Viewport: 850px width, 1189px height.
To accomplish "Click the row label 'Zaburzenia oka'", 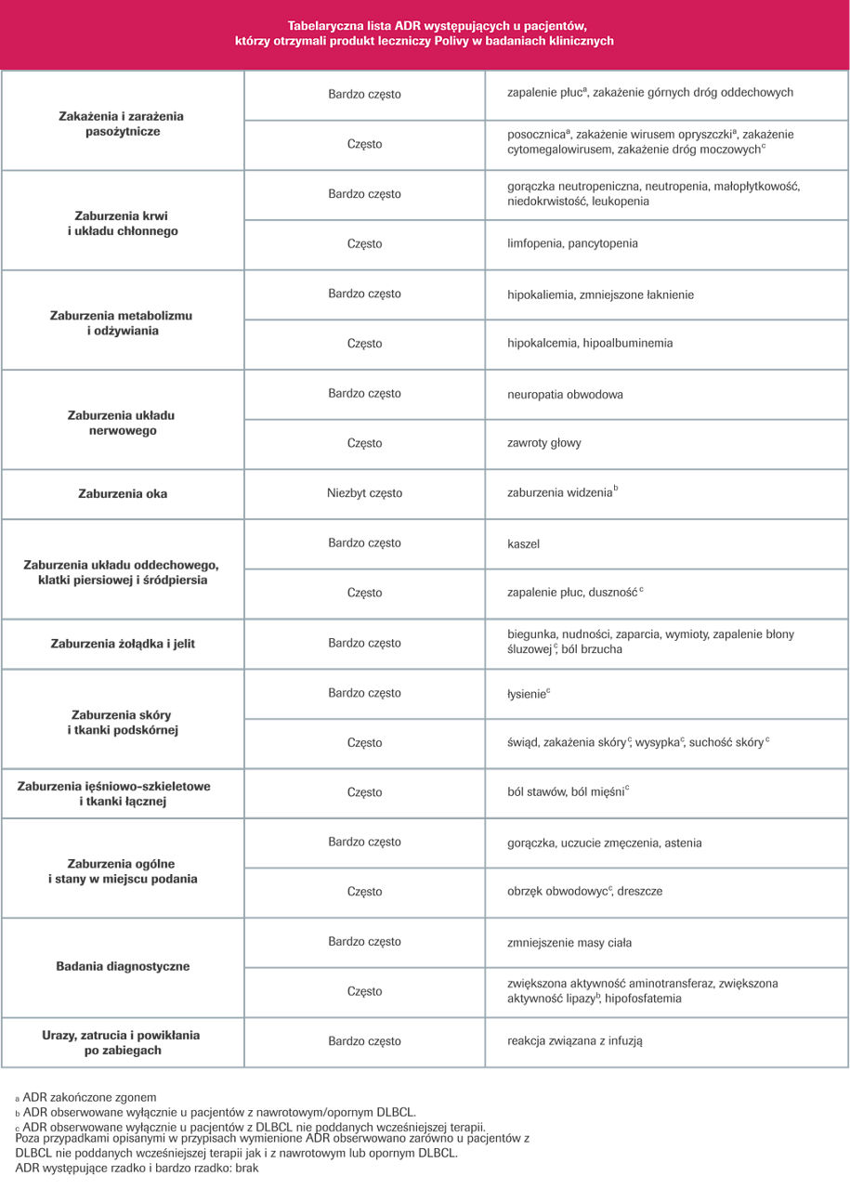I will click(x=123, y=493).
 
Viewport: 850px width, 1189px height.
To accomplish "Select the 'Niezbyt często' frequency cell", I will click(x=364, y=493).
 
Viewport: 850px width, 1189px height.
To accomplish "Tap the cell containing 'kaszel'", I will click(x=523, y=542).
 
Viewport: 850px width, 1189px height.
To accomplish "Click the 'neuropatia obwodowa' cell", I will click(x=565, y=394).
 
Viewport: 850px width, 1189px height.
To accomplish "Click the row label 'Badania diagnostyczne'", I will click(x=123, y=966).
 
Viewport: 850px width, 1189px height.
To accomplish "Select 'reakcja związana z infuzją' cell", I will click(x=575, y=1041).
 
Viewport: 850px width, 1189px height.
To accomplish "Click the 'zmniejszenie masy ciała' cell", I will click(x=569, y=942).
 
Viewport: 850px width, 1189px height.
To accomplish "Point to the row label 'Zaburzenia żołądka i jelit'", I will click(x=123, y=643).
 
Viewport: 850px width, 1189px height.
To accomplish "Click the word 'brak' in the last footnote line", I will click(x=245, y=1168).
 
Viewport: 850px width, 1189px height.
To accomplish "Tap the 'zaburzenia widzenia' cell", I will click(x=561, y=493).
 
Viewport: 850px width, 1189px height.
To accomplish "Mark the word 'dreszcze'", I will click(x=642, y=892).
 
